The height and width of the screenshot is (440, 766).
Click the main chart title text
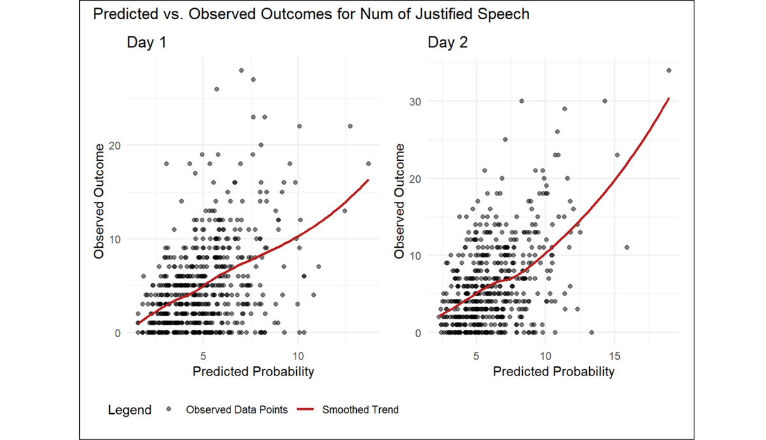311,13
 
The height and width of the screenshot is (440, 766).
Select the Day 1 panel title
147,43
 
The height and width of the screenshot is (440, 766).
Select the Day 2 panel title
447,43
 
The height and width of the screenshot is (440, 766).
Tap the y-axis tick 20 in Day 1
116,146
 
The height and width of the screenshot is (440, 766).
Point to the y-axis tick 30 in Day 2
417,102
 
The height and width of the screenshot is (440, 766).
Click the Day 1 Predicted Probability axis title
253,371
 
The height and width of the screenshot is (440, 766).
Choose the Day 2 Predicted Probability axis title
553,371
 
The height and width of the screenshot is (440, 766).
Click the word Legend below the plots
130,410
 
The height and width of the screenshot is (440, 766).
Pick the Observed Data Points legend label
237,410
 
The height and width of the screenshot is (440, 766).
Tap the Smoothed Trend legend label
360,410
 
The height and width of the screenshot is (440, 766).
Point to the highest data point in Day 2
669,70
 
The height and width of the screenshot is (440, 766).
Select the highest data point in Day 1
241,70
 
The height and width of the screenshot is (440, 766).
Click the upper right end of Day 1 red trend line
368,180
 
